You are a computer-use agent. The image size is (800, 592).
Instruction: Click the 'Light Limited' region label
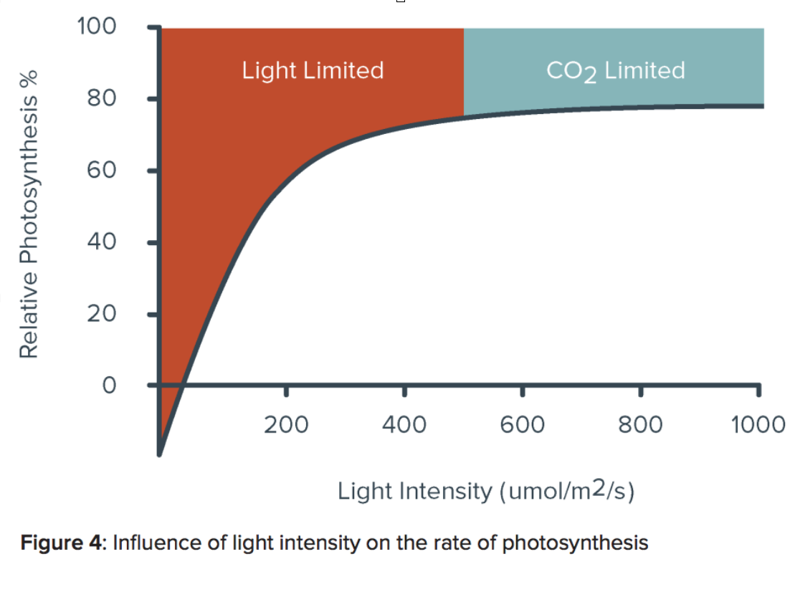pyautogui.click(x=313, y=70)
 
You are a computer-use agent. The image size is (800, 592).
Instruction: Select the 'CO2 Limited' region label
pyautogui.click(x=615, y=71)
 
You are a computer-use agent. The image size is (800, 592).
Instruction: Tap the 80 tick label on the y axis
pyautogui.click(x=103, y=98)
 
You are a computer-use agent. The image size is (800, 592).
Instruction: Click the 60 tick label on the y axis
pyautogui.click(x=103, y=171)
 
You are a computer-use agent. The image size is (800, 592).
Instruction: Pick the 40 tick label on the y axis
pyautogui.click(x=103, y=242)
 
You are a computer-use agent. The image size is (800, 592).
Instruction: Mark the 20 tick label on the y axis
pyautogui.click(x=103, y=314)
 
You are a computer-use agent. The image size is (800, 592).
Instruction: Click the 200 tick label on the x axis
pyautogui.click(x=286, y=424)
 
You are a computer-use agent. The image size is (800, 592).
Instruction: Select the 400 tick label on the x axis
pyautogui.click(x=404, y=424)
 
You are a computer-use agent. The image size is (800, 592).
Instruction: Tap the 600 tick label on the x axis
pyautogui.click(x=523, y=424)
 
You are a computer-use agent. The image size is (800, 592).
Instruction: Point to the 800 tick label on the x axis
pyautogui.click(x=640, y=424)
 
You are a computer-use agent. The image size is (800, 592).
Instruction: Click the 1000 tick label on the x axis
pyautogui.click(x=758, y=424)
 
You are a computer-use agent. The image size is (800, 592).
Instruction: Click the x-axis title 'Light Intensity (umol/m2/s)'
pyautogui.click(x=486, y=492)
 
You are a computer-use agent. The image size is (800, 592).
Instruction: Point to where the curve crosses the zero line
pyautogui.click(x=184, y=386)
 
